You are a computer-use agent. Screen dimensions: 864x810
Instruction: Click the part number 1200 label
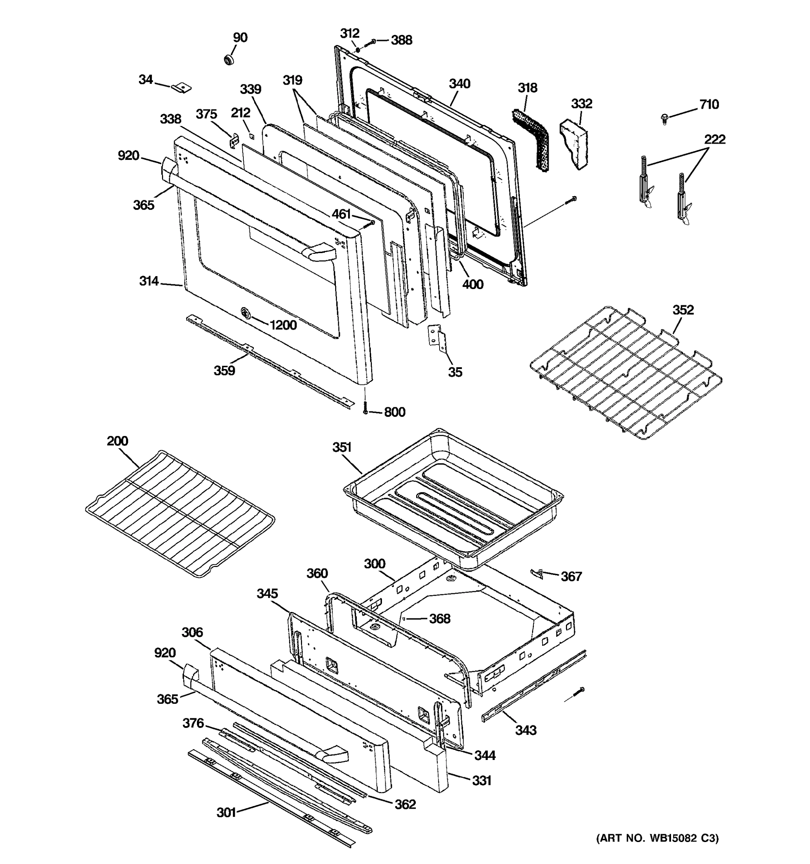[x=283, y=325]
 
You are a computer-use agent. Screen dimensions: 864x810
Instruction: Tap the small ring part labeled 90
[x=229, y=59]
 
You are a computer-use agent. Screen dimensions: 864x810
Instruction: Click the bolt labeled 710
[x=663, y=118]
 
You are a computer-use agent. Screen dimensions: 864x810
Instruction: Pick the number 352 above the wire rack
[x=683, y=310]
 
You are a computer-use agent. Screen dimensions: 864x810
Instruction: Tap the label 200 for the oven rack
[x=117, y=441]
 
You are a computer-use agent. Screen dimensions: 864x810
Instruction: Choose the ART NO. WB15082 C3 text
[x=657, y=850]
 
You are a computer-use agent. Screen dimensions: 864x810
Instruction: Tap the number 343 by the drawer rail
[x=526, y=730]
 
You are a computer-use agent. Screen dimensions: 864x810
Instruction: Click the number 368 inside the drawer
[x=440, y=618]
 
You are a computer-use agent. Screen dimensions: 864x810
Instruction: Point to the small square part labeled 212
[x=252, y=136]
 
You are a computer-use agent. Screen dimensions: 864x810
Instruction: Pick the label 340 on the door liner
[x=459, y=84]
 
